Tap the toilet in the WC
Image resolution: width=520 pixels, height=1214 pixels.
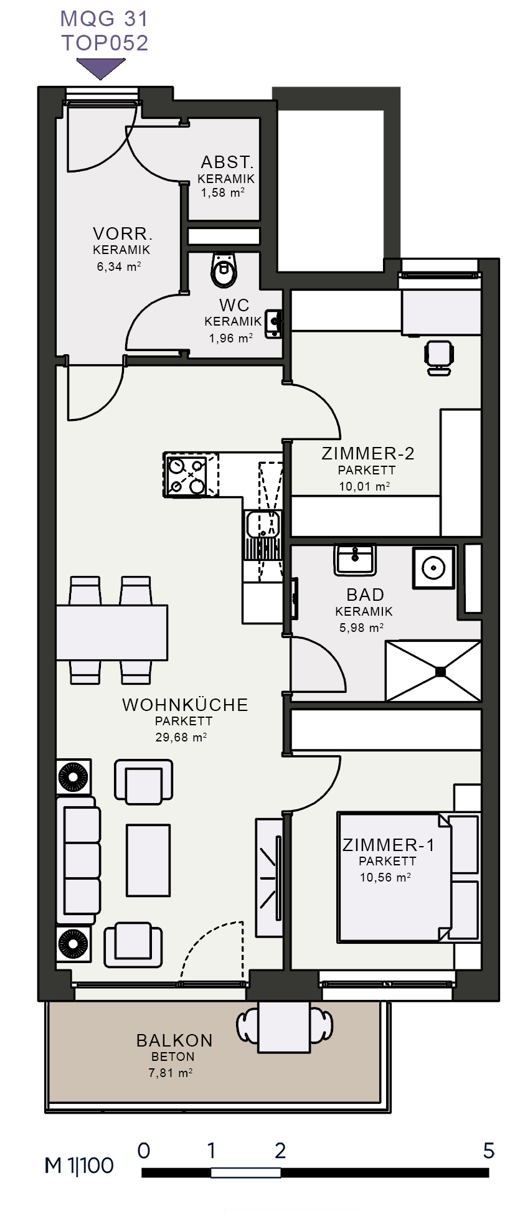pyautogui.click(x=224, y=270)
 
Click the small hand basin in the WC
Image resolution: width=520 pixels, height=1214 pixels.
pyautogui.click(x=273, y=324)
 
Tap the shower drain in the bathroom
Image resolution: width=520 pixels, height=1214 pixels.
pyautogui.click(x=441, y=671)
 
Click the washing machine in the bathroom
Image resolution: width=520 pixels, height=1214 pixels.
pyautogui.click(x=434, y=567)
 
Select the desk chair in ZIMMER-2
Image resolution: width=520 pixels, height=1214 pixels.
pyautogui.click(x=438, y=357)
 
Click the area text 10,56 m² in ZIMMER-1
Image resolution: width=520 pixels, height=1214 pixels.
pyautogui.click(x=385, y=877)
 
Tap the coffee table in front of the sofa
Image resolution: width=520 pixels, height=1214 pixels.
pyautogui.click(x=148, y=860)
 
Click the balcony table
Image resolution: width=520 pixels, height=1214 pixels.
pyautogui.click(x=284, y=1027)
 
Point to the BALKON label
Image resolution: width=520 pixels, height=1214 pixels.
pyautogui.click(x=174, y=1040)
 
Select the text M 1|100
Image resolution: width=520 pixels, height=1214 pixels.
pyautogui.click(x=79, y=1165)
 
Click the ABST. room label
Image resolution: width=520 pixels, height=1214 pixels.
pyautogui.click(x=227, y=162)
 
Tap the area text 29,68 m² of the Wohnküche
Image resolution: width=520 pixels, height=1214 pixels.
pyautogui.click(x=181, y=737)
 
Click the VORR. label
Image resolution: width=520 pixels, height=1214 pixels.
pyautogui.click(x=123, y=234)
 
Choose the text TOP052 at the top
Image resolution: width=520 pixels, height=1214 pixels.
pyautogui.click(x=105, y=43)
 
